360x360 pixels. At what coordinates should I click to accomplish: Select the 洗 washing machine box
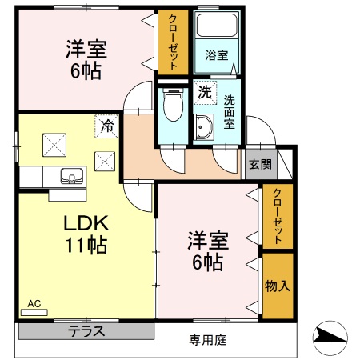point(204,92)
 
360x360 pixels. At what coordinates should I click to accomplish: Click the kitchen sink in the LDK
point(66,176)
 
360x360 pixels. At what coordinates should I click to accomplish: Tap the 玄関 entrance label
point(259,165)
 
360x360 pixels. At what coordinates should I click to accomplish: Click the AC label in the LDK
point(34,304)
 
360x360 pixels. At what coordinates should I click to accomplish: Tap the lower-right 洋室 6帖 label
point(206,250)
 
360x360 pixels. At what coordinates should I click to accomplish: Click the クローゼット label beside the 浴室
point(171,41)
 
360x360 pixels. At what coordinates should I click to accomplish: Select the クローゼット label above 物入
point(277,216)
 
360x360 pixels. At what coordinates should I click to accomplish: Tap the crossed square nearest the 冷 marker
point(105,159)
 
